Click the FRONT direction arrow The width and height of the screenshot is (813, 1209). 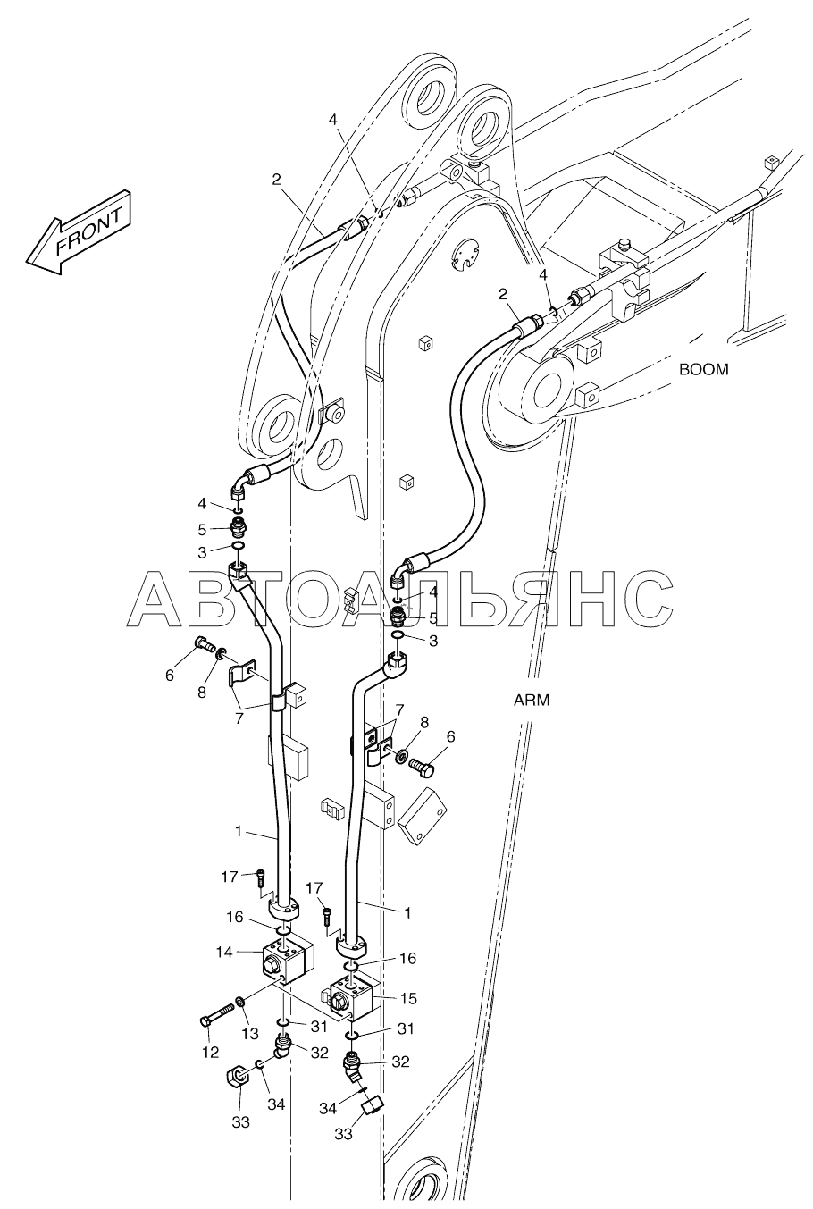[x=79, y=232]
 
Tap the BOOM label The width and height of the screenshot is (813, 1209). [x=703, y=370]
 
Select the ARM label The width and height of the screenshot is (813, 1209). [x=532, y=701]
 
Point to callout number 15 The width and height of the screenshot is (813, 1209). [x=409, y=998]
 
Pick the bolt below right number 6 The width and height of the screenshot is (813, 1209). [x=422, y=767]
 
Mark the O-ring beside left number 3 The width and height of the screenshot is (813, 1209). [x=238, y=547]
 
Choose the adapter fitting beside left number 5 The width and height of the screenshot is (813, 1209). [x=238, y=525]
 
